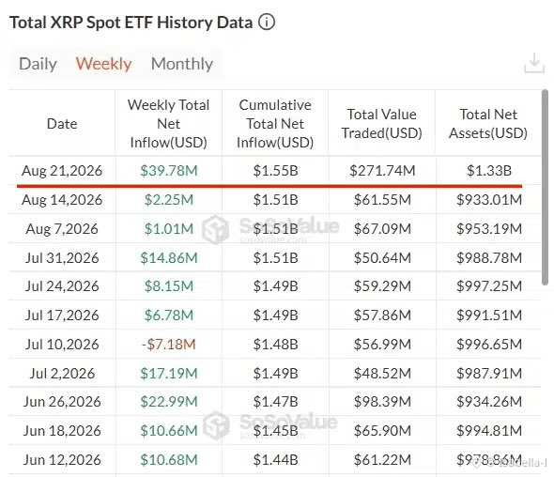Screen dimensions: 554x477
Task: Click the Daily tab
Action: coord(38,64)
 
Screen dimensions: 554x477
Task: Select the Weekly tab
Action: coord(103,64)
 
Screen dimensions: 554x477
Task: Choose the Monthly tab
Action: coord(182,64)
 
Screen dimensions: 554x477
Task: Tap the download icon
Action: coord(534,63)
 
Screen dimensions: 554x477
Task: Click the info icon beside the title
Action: coord(267,23)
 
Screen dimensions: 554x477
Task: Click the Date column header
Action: coord(62,124)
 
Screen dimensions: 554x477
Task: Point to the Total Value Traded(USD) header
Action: coord(382,124)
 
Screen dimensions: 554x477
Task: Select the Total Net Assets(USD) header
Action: coord(488,124)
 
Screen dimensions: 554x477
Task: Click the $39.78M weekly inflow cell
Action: coord(169,171)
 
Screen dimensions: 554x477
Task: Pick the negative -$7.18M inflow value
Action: coord(169,345)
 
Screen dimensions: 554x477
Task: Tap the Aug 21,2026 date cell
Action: coord(62,171)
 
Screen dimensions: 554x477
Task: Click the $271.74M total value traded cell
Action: coord(382,171)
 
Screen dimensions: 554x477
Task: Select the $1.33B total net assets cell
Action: coord(489,171)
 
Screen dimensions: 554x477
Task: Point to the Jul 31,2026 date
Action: coord(62,258)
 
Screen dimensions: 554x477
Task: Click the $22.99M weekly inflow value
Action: coord(169,402)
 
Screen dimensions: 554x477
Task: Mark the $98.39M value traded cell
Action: coord(383,402)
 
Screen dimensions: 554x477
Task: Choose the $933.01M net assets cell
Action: coord(489,200)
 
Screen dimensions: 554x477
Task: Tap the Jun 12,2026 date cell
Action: coord(62,460)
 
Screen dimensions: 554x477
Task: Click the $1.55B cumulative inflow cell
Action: coord(275,171)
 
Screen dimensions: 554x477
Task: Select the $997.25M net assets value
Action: coord(489,286)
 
